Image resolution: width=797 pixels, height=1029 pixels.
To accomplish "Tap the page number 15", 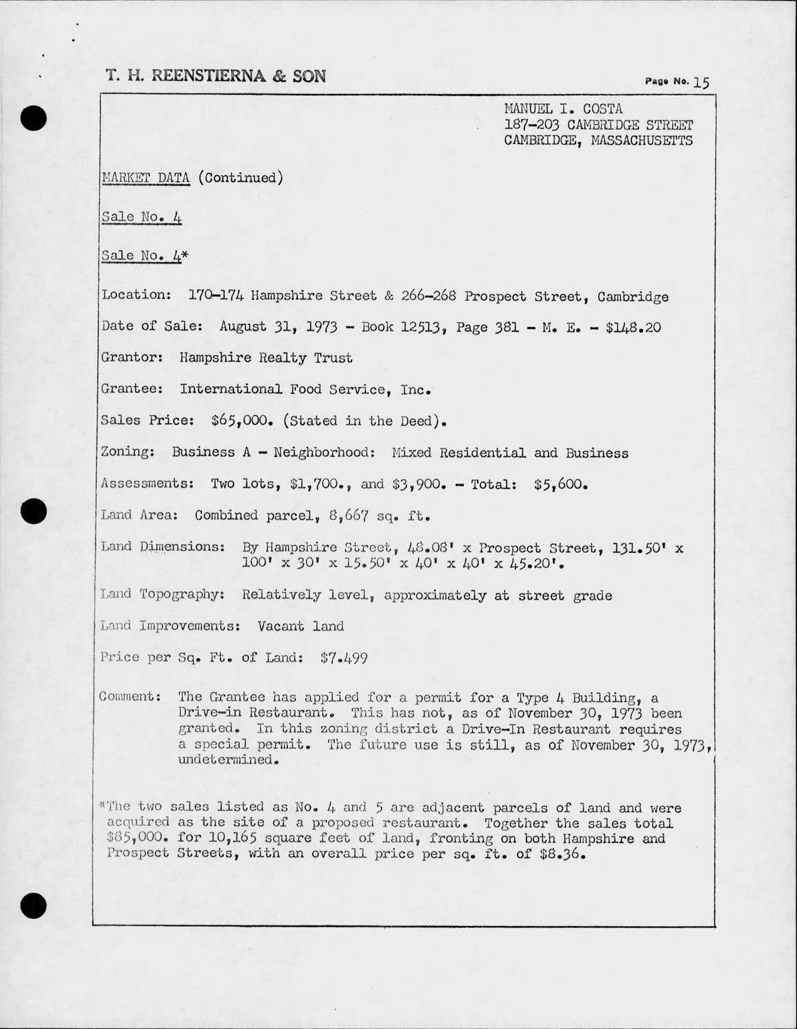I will point(701,82).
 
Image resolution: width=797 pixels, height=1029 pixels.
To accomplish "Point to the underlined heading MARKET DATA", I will point(146,178).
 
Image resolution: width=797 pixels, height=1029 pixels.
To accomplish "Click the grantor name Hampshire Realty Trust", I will point(266,357).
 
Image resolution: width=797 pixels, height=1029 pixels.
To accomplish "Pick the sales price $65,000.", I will point(240,421).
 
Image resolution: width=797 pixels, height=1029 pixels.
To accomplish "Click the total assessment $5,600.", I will point(562,484).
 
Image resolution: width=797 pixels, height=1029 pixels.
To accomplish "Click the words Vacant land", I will point(301,626).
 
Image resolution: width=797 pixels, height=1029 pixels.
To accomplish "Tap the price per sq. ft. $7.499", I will point(344,658).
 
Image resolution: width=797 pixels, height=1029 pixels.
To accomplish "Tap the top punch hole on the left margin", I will point(33,119).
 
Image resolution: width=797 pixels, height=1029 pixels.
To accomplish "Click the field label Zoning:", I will point(127,453).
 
